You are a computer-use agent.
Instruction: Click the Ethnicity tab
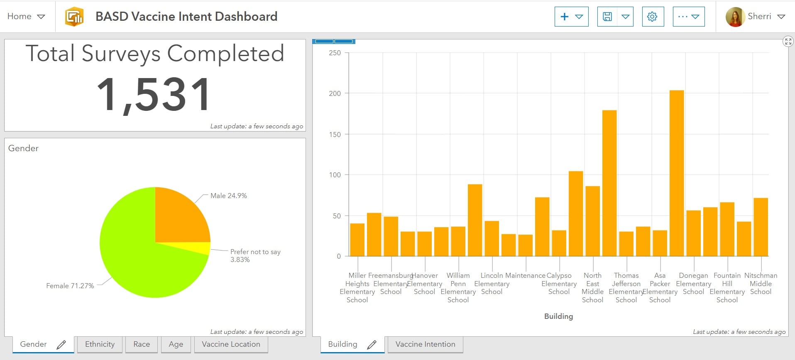(100, 344)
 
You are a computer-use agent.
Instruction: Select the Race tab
(142, 344)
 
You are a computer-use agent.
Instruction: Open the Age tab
(176, 344)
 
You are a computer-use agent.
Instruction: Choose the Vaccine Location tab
(231, 344)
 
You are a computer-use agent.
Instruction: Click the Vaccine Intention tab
(425, 344)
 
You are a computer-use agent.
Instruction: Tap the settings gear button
(652, 17)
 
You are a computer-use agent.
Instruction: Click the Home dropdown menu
(26, 17)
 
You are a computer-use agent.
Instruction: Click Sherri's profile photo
(735, 17)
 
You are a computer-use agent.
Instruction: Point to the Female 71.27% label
(70, 286)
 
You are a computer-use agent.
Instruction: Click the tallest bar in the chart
(677, 174)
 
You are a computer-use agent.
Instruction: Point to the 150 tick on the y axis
(335, 135)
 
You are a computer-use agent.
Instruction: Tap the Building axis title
(558, 316)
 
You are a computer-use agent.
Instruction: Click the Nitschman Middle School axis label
(761, 284)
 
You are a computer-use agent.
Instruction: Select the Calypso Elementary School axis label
(559, 284)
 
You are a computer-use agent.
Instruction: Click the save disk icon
(607, 17)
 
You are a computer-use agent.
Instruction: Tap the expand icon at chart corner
(788, 42)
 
